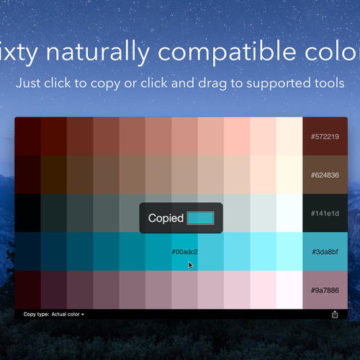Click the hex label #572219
click(325, 135)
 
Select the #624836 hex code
click(325, 174)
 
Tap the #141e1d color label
click(325, 213)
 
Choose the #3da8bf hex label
click(325, 252)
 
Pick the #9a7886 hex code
click(325, 290)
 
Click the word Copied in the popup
click(165, 218)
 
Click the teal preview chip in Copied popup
click(200, 218)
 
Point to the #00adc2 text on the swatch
click(184, 252)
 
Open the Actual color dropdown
click(68, 314)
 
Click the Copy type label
click(35, 314)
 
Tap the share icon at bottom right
click(335, 314)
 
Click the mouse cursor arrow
click(189, 264)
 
